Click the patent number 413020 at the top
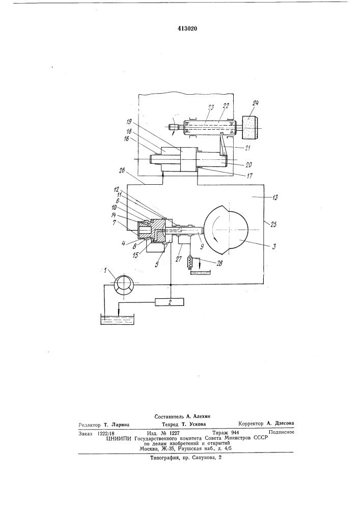187,29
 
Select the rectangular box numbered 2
170,302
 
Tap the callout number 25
273,224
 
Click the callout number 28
219,263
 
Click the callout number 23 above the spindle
211,108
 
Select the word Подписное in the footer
282,432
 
